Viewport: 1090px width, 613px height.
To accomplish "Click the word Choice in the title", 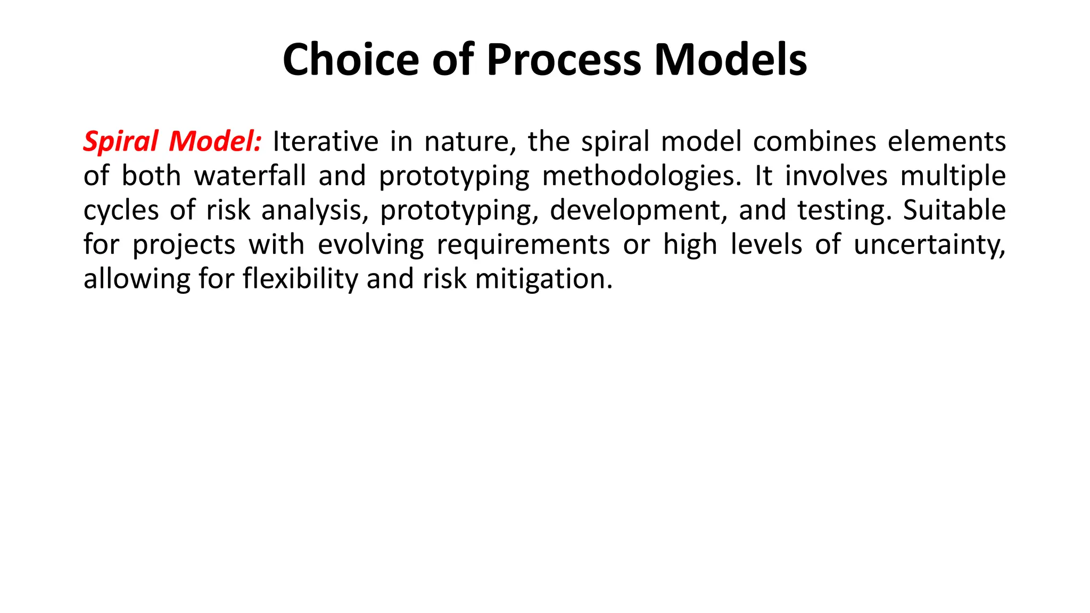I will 351,60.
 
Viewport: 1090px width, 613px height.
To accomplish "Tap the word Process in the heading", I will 564,60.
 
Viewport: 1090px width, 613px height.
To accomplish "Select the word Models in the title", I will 730,60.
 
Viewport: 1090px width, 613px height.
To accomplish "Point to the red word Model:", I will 215,142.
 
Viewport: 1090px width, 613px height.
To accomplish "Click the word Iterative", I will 325,142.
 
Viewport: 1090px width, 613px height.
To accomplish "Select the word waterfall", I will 250,176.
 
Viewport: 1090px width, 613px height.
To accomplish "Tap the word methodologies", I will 641,176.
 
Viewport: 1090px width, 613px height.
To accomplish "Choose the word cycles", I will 121,211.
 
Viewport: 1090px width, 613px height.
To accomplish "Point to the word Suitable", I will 954,211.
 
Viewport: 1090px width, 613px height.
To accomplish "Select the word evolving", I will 370,245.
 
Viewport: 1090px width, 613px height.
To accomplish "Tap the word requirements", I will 523,245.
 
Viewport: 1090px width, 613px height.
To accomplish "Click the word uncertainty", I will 929,245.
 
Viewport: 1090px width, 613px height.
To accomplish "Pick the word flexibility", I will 301,279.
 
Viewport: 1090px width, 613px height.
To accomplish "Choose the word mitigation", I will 544,279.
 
